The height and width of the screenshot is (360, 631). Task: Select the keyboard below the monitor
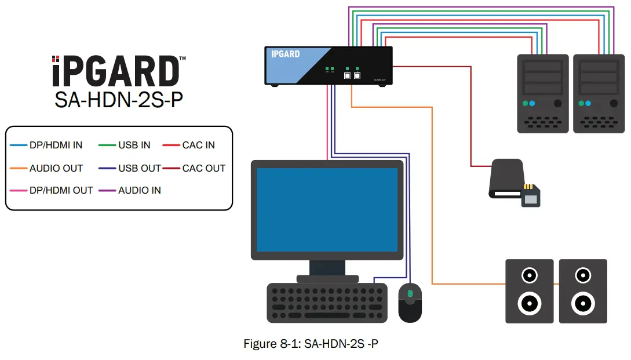tap(327, 302)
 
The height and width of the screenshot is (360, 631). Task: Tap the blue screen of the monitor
tap(327, 209)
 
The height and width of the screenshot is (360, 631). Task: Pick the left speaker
tap(530, 291)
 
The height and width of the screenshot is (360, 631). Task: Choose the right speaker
tap(582, 291)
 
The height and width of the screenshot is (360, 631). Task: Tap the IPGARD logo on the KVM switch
tap(286, 54)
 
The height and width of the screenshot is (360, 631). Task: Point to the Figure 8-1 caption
tap(311, 344)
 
